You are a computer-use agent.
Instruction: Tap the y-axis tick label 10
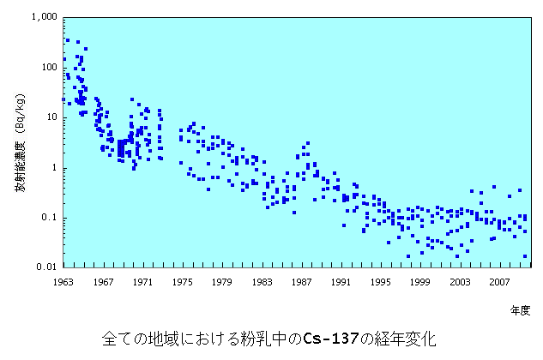(51, 117)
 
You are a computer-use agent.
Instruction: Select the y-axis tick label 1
(54, 167)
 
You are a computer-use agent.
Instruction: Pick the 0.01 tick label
(47, 267)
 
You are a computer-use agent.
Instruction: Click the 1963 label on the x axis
(63, 280)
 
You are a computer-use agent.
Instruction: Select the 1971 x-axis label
(142, 280)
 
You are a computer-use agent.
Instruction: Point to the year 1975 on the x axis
(181, 280)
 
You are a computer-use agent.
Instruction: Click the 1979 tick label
(221, 280)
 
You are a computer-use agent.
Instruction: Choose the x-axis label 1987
(300, 280)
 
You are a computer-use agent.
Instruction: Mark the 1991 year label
(340, 280)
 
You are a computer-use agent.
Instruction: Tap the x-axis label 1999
(419, 280)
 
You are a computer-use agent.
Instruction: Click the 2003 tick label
(459, 280)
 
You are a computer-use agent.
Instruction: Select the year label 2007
(498, 280)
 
